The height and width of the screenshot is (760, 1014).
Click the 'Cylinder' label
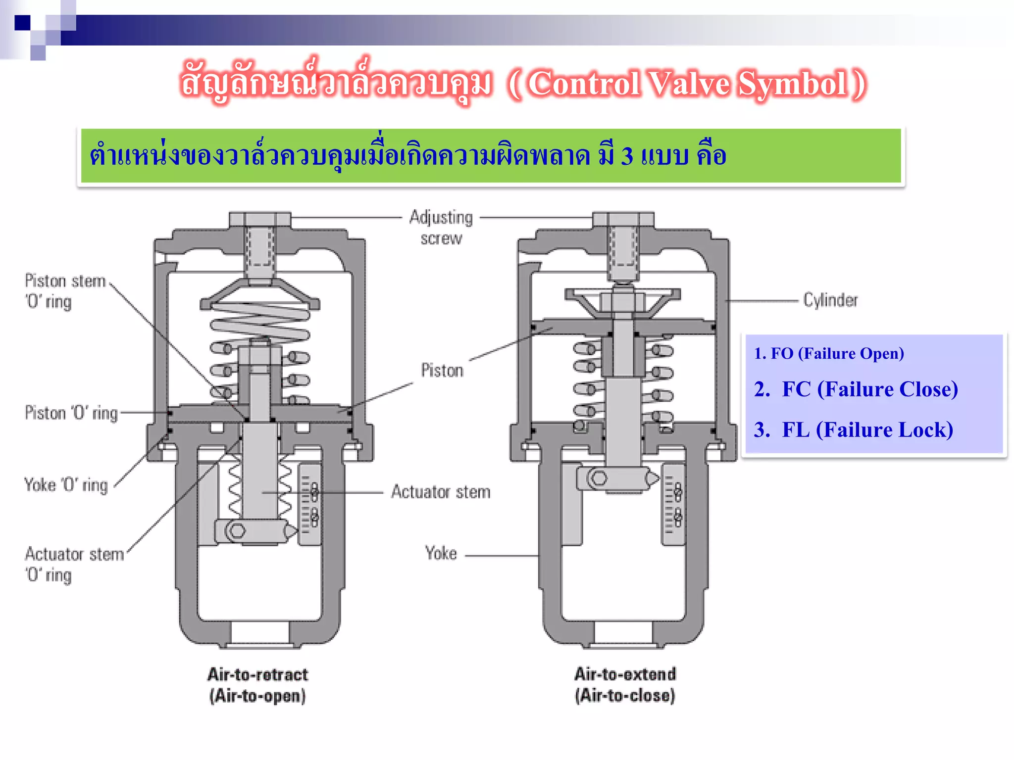tap(830, 300)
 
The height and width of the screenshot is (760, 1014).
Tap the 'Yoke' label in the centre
tap(441, 553)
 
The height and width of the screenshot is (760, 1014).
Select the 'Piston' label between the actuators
tap(442, 371)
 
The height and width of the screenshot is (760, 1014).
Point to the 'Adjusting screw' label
tap(441, 228)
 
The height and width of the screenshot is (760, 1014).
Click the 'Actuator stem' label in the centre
tap(441, 492)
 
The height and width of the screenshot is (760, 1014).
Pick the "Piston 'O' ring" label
tap(71, 413)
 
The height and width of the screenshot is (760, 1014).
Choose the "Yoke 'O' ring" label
tap(66, 485)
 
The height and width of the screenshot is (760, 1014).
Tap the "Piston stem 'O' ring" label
tap(65, 291)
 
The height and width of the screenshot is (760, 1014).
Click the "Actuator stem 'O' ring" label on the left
tap(74, 565)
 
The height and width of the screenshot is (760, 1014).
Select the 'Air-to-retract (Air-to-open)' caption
tap(257, 685)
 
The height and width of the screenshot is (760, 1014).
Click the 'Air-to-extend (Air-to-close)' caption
tap(625, 685)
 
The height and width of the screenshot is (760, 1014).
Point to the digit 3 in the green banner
tap(627, 156)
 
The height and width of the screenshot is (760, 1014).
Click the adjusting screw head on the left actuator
tap(259, 219)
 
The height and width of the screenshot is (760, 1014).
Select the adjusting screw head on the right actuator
tap(623, 219)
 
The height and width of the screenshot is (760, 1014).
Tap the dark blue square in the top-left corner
tap(22, 23)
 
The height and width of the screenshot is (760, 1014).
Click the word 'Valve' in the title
tap(688, 83)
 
